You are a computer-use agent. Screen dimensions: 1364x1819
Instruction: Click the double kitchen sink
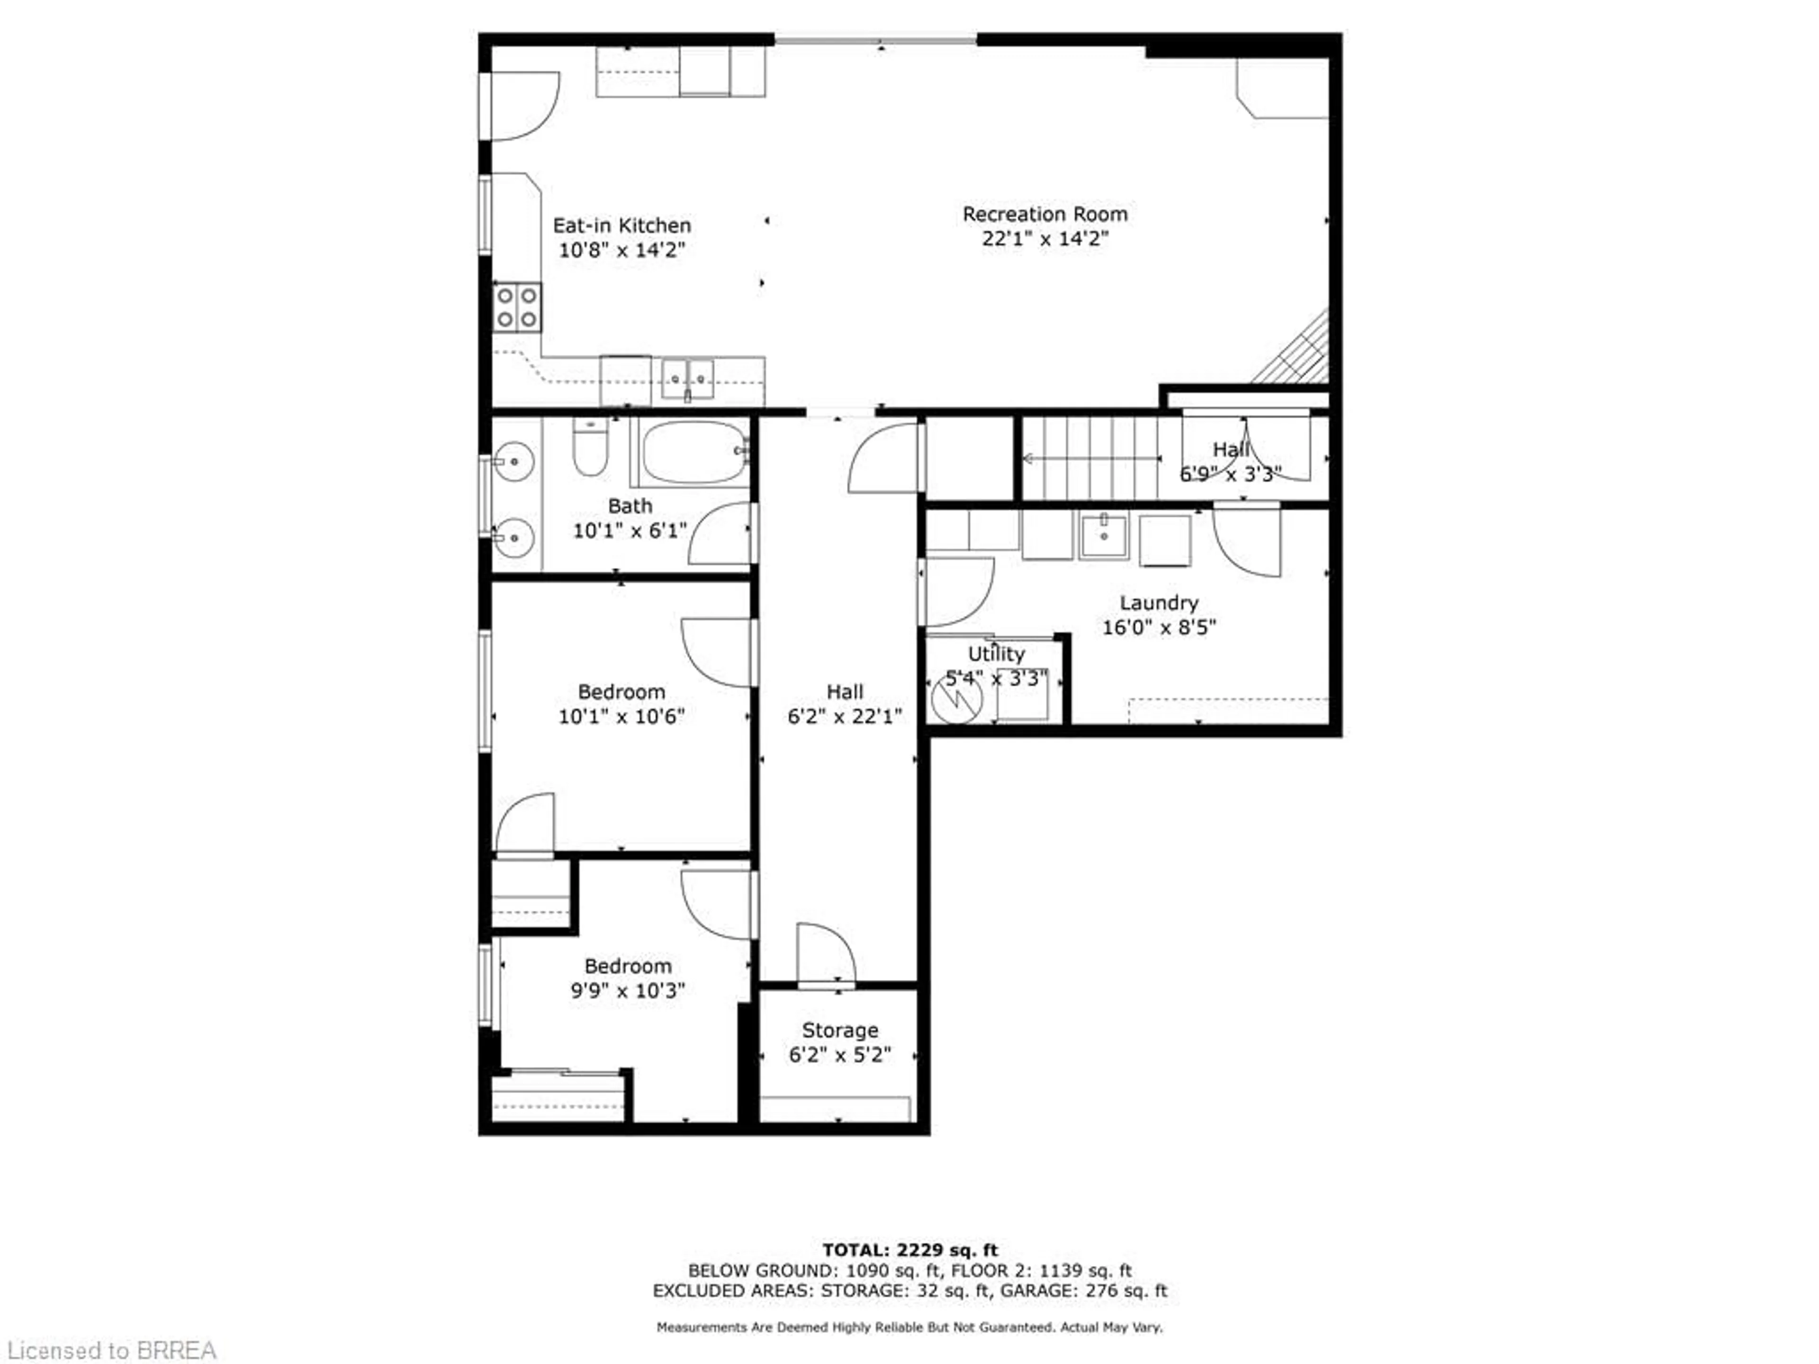click(687, 379)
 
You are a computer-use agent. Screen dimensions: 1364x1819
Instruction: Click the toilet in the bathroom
click(590, 448)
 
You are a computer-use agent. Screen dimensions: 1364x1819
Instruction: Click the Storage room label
click(839, 1030)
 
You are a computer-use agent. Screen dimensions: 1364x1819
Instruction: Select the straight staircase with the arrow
click(1090, 458)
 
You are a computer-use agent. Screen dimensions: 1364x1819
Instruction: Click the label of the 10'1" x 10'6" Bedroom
click(621, 691)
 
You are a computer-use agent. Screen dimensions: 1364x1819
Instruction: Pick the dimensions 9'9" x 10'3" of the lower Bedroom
click(628, 991)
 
